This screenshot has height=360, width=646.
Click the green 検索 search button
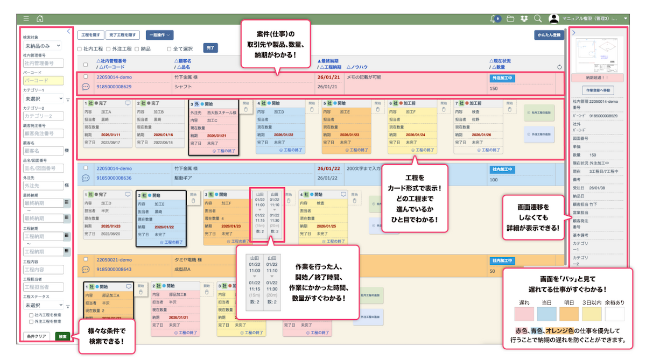click(63, 336)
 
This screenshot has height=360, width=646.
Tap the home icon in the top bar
click(40, 19)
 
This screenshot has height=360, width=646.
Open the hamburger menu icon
click(26, 19)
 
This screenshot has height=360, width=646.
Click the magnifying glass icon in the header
click(537, 19)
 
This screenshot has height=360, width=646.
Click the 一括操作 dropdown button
click(159, 35)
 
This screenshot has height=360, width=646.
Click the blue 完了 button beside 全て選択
click(210, 48)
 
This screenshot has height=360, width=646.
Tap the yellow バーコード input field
click(43, 80)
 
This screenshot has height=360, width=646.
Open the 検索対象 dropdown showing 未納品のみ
click(43, 46)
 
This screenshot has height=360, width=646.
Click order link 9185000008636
click(114, 178)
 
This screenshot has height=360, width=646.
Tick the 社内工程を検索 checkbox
click(32, 315)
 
